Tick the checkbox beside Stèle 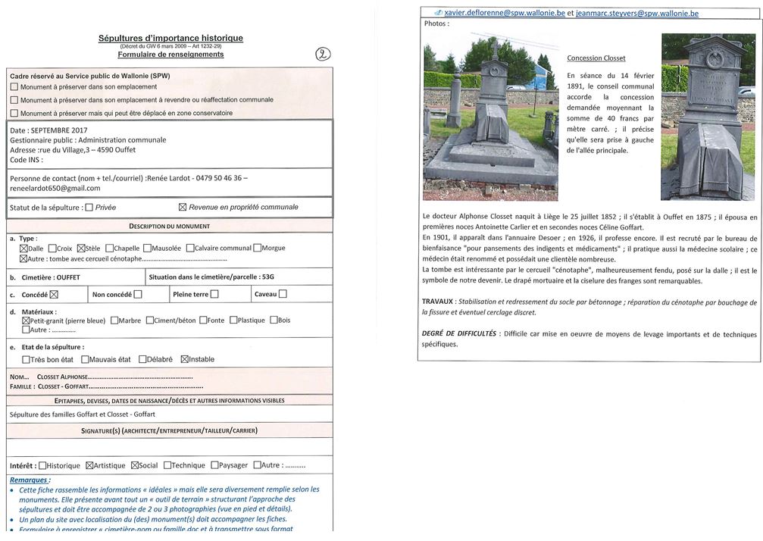(x=82, y=248)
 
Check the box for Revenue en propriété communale (x=182, y=207)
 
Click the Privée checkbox (x=89, y=207)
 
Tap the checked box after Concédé (x=54, y=295)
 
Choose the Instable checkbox (x=184, y=359)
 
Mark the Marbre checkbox (x=114, y=320)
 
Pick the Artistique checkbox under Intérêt (x=89, y=465)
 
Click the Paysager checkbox (x=215, y=465)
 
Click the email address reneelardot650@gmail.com (x=55, y=188)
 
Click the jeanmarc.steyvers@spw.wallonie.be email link (x=637, y=14)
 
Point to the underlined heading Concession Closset (x=596, y=58)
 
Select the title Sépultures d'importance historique (x=170, y=38)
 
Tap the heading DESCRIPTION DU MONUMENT (x=170, y=226)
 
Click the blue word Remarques (x=30, y=480)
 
